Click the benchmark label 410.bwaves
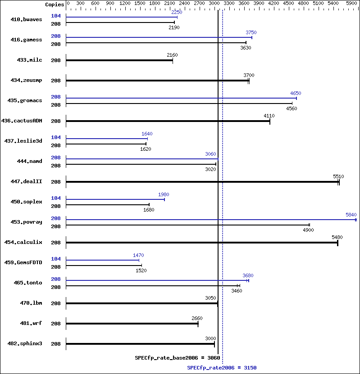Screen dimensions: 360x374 (x=26, y=19)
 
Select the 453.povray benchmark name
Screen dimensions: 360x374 (x=26, y=222)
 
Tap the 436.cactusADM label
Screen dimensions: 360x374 (x=22, y=121)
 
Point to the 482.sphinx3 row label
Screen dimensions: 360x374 (x=25, y=343)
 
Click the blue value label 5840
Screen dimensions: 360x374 (x=351, y=215)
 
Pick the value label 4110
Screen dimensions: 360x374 (x=269, y=116)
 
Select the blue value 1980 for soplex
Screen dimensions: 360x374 (x=164, y=194)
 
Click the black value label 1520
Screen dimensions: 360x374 (x=141, y=270)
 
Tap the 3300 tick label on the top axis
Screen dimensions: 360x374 (x=229, y=3)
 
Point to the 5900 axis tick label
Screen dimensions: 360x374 (x=351, y=3)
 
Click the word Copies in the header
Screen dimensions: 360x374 (x=55, y=5)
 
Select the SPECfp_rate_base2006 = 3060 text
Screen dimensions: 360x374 (x=178, y=358)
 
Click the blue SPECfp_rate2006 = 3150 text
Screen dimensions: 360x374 (x=222, y=368)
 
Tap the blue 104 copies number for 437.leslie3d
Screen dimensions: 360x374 (x=56, y=137)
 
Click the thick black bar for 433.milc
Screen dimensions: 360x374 (x=119, y=60)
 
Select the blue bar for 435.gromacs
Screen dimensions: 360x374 (x=182, y=98)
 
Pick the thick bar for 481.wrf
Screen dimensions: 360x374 (x=132, y=324)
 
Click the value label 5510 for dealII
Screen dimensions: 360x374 (x=338, y=176)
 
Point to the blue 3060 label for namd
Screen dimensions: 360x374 (x=210, y=154)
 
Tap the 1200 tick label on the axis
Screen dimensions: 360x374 (x=125, y=3)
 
